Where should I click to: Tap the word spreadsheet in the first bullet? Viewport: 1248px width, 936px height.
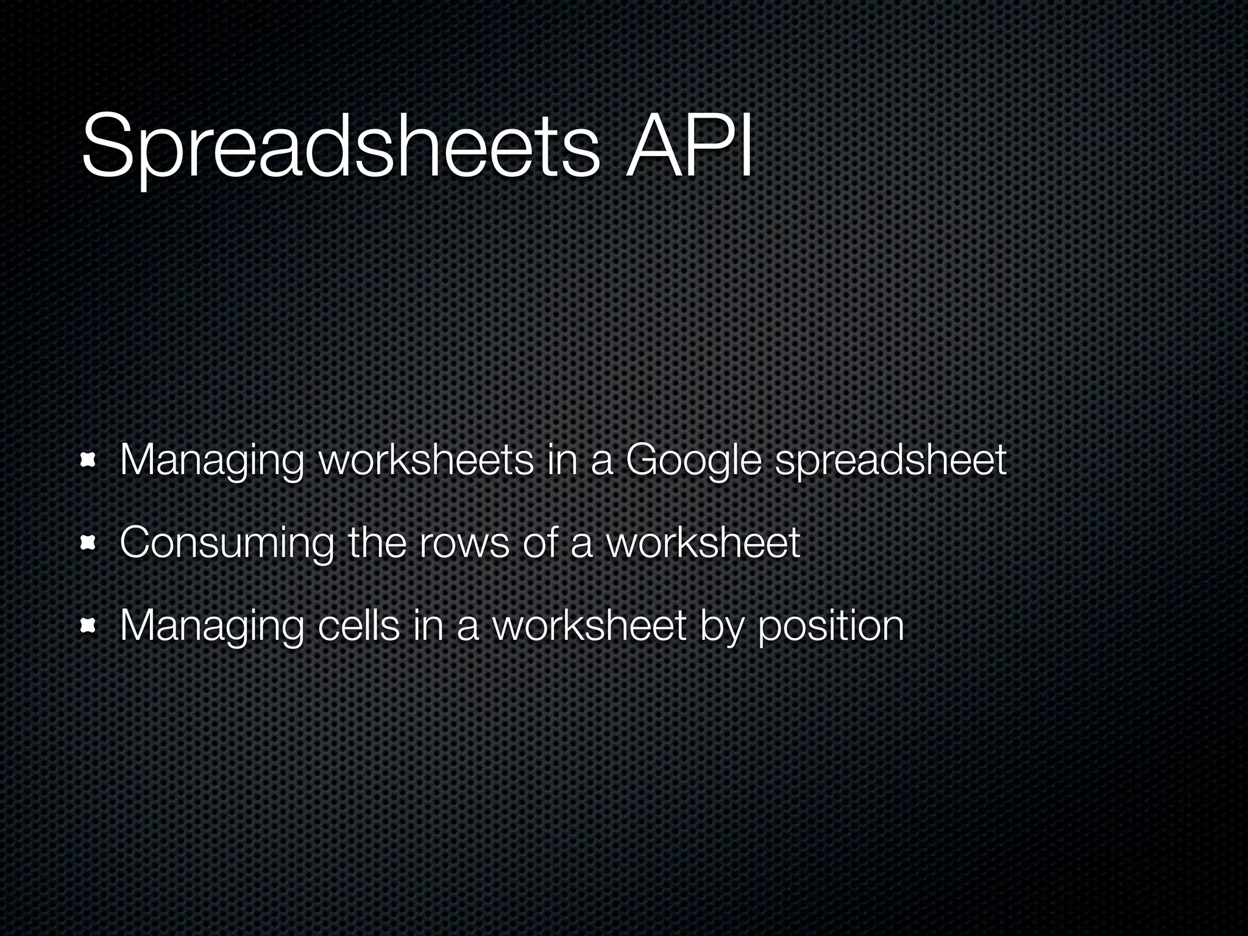coord(890,462)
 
